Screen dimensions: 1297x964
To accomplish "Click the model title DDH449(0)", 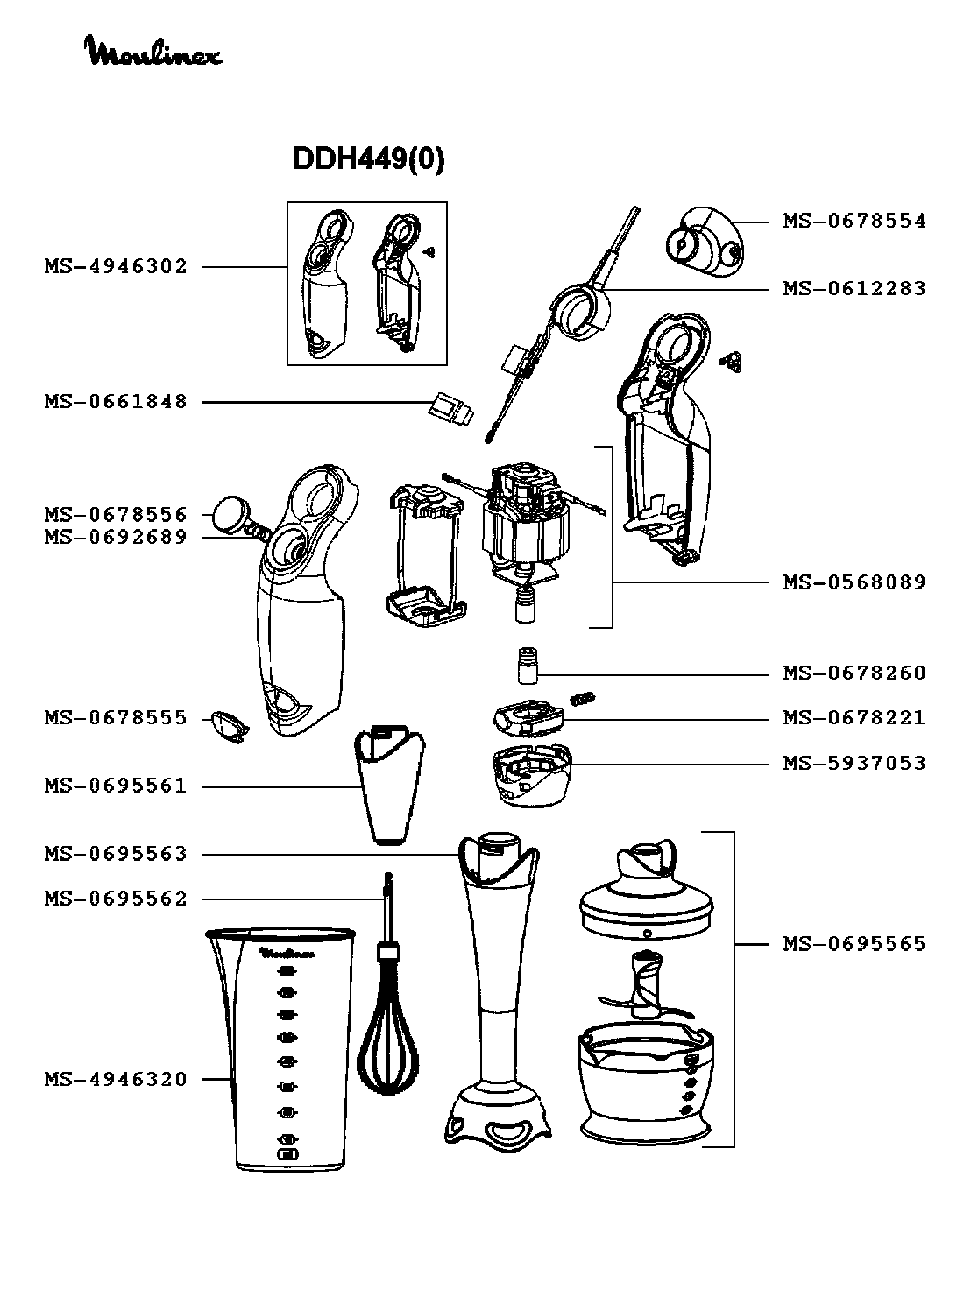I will coord(368,159).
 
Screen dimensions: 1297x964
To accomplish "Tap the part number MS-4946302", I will coord(116,266).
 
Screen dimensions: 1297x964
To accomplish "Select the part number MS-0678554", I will coord(854,221).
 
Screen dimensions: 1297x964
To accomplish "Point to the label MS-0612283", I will coord(854,288).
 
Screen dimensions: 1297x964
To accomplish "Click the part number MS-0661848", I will coord(116,402).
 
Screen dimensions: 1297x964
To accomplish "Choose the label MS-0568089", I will coord(854,582).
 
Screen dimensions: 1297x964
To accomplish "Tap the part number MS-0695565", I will coord(854,944).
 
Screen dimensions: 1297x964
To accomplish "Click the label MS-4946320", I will coord(116,1080).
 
